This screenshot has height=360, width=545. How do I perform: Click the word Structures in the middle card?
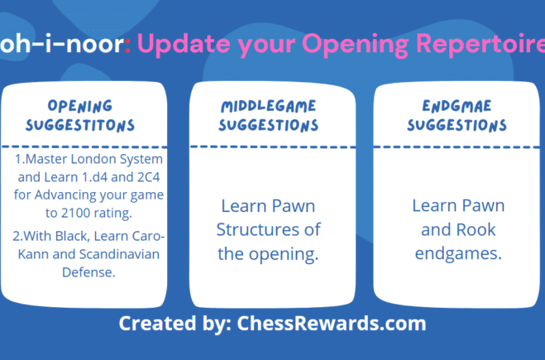pos(270,229)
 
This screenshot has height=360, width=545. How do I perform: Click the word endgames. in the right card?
pos(458,253)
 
